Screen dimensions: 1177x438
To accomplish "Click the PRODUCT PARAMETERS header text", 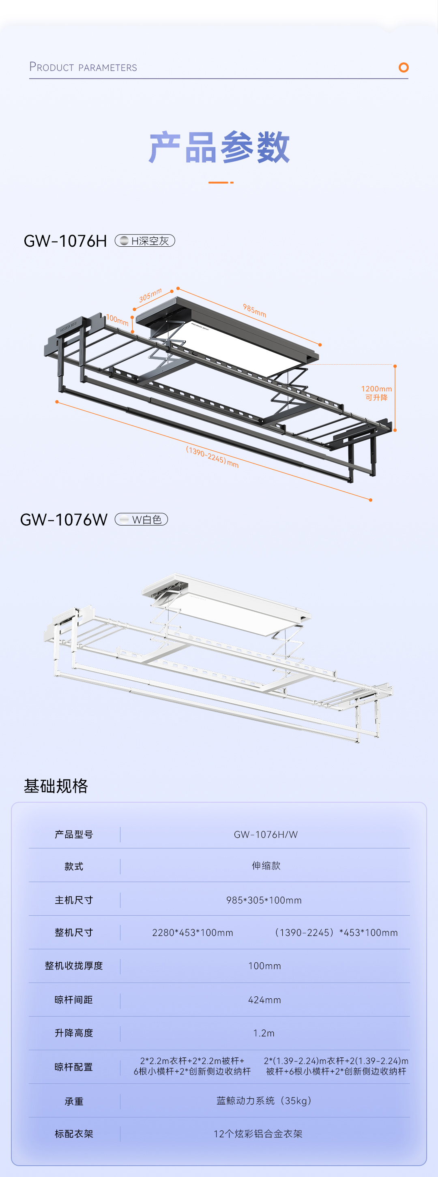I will tap(83, 67).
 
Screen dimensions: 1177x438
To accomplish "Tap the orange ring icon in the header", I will tap(403, 68).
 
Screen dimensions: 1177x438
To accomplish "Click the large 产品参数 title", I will tap(219, 147).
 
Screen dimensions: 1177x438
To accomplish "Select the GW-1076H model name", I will tap(65, 241).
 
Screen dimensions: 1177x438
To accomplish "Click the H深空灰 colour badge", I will tap(145, 241).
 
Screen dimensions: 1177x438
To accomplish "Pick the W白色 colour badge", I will tap(141, 519).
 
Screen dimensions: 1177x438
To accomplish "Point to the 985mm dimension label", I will tap(254, 311).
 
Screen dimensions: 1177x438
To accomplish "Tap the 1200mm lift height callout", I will tap(376, 393).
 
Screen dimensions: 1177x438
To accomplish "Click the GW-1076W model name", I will tap(64, 519).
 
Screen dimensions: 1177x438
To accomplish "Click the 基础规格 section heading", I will tap(56, 786).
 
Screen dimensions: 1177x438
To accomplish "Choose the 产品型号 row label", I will tap(74, 834).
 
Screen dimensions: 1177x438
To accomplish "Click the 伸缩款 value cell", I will tap(266, 866).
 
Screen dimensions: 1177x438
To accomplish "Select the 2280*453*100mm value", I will tap(193, 933).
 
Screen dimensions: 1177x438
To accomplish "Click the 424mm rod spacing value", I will tap(264, 1000).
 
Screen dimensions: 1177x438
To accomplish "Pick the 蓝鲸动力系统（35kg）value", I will tap(264, 1101).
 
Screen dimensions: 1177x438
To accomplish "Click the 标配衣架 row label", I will tap(74, 1134).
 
